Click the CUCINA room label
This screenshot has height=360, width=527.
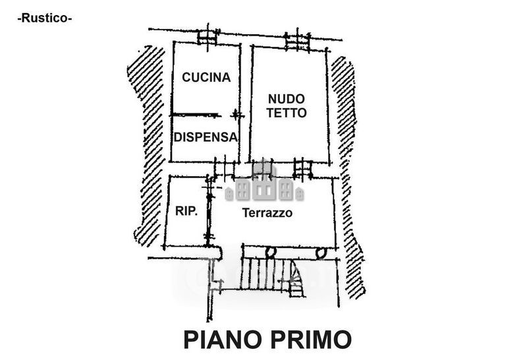click(x=206, y=78)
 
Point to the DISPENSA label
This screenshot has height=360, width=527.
click(x=206, y=137)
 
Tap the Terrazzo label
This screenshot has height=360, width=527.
click(x=267, y=214)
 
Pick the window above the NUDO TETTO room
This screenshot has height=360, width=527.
click(x=296, y=40)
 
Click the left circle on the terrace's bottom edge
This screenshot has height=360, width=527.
click(x=270, y=252)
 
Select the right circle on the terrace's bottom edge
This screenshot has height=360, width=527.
click(x=321, y=252)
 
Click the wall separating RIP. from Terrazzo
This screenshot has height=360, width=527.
click(x=209, y=211)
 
